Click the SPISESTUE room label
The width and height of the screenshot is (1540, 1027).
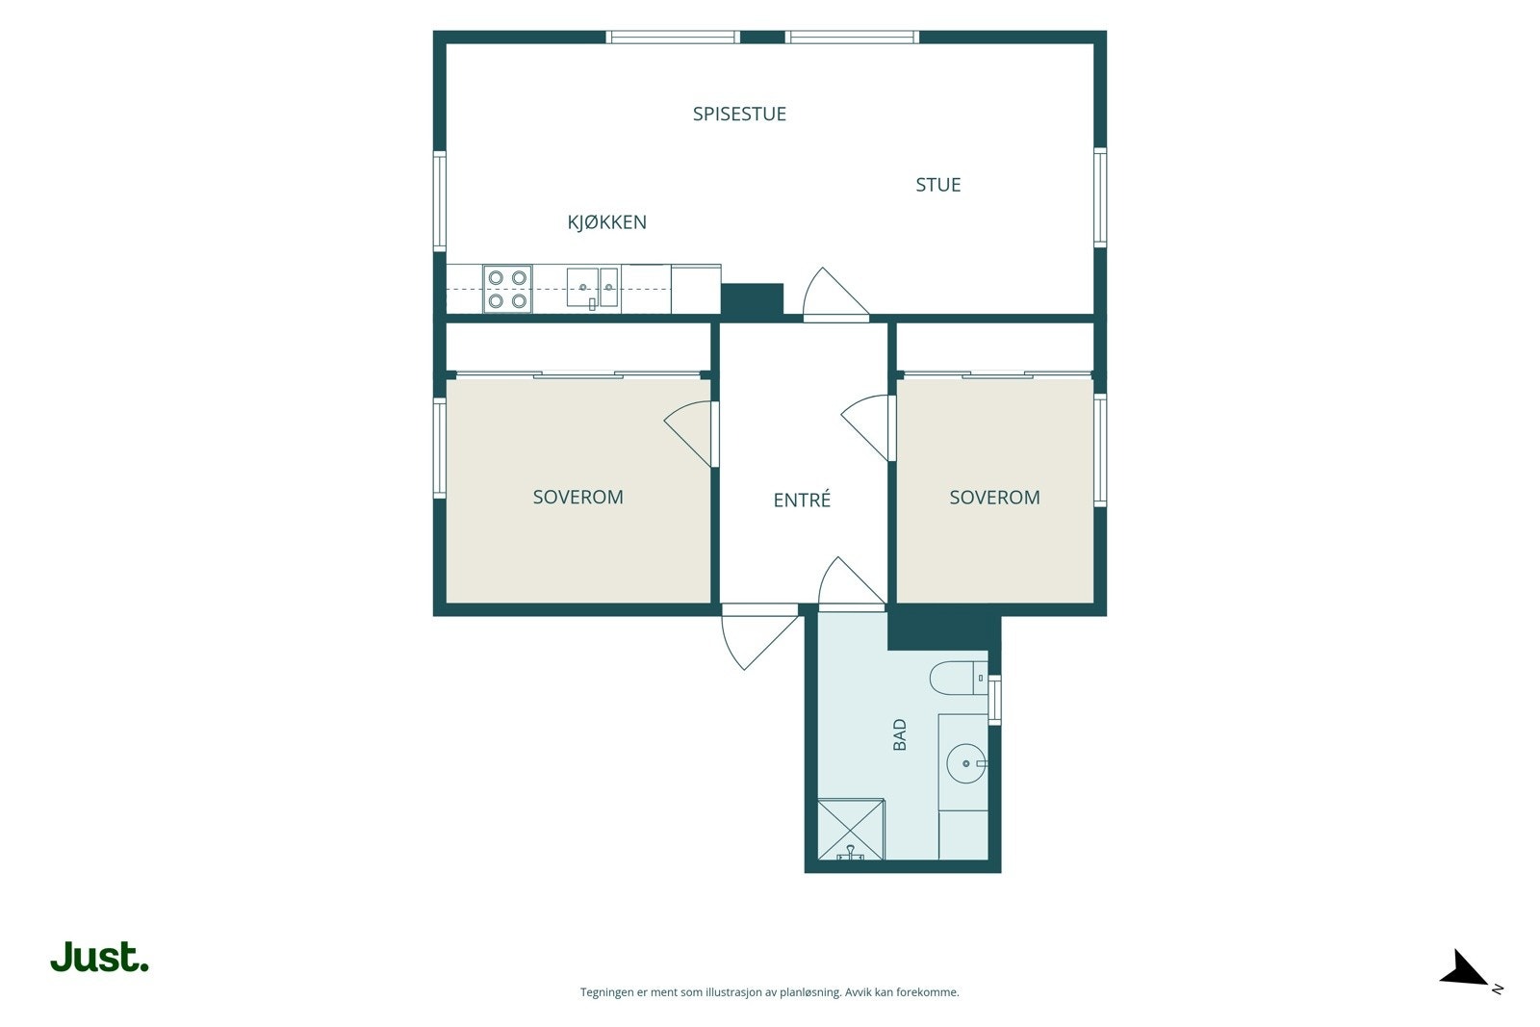(x=739, y=115)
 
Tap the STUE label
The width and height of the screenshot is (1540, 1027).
(x=937, y=185)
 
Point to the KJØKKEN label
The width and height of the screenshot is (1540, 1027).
(x=606, y=222)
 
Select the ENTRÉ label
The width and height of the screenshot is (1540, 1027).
(x=802, y=500)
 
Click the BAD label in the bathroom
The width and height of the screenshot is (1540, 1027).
(x=899, y=734)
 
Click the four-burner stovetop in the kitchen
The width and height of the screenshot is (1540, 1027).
(x=507, y=289)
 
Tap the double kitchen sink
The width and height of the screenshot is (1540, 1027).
(x=593, y=288)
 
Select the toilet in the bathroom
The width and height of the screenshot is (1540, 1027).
(x=959, y=678)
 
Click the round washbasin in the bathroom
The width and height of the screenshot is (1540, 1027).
(x=966, y=763)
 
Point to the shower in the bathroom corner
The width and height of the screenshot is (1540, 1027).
(x=851, y=829)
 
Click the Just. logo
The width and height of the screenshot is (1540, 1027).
(x=100, y=957)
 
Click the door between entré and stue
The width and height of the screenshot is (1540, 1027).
(x=835, y=295)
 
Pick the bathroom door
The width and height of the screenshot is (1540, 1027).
(x=852, y=583)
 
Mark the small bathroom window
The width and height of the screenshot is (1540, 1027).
(x=994, y=700)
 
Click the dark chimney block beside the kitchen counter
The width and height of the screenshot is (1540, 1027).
(x=752, y=300)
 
